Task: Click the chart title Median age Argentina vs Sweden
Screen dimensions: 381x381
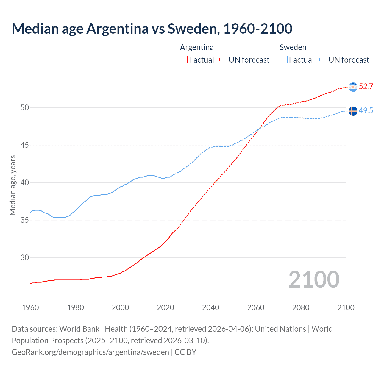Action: pos(152,29)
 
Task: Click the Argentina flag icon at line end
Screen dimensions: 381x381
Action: pos(353,87)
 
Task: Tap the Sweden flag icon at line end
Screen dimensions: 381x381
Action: pos(353,111)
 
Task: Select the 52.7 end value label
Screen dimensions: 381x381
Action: pos(366,87)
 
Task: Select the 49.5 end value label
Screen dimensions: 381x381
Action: pos(366,111)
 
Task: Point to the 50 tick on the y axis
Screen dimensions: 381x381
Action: pos(25,107)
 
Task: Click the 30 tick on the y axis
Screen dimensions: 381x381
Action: pos(25,257)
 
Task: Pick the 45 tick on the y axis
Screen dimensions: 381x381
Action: pos(25,145)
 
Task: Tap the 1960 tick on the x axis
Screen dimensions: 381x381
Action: pos(30,307)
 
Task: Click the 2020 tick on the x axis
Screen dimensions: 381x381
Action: pos(165,307)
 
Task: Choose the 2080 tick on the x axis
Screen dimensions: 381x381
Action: pos(301,307)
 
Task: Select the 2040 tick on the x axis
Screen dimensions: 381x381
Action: pos(210,307)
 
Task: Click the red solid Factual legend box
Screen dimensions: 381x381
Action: pos(184,60)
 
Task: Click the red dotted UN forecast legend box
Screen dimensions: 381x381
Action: pos(223,60)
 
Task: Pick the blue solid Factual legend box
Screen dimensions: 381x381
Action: pos(283,60)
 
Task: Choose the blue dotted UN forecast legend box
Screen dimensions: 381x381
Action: pos(323,60)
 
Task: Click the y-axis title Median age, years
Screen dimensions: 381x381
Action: pos(13,185)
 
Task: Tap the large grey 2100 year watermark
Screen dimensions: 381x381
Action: pos(314,279)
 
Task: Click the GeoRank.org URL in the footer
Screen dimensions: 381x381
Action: pos(90,352)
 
